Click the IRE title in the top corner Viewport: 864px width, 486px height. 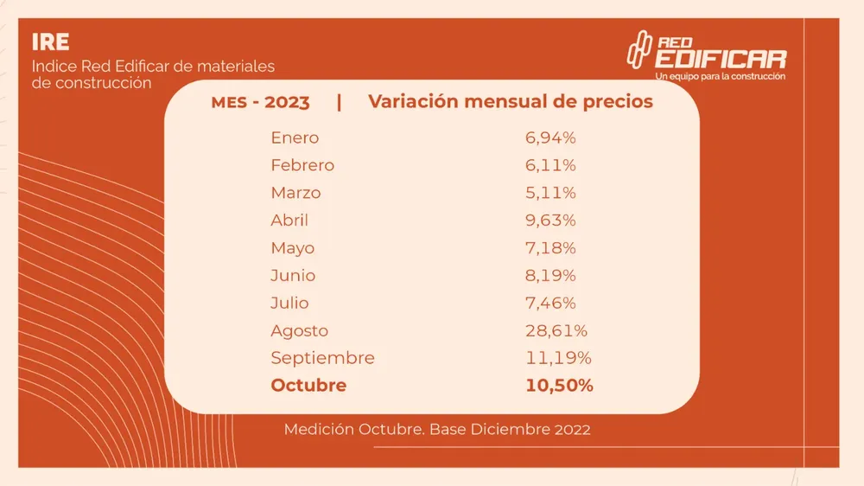[x=50, y=42]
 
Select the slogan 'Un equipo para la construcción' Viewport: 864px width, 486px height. [x=721, y=76]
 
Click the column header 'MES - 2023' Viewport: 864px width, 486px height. [x=260, y=102]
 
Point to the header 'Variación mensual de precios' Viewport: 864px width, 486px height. [x=511, y=101]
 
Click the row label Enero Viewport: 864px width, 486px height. [x=295, y=137]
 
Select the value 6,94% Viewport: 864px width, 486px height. [x=550, y=137]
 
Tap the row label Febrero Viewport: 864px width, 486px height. [x=302, y=165]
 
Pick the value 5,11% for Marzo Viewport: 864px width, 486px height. [x=550, y=193]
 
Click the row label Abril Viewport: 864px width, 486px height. [x=289, y=221]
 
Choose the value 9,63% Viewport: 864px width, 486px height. [x=550, y=221]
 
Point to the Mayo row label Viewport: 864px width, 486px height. [x=293, y=248]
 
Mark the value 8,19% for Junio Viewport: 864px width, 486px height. [x=550, y=276]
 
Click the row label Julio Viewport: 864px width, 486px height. [x=289, y=304]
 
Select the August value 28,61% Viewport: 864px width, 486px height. [x=556, y=330]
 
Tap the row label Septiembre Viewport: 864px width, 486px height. [x=322, y=358]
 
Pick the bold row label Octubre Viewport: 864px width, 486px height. [x=308, y=386]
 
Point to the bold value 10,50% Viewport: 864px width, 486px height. [x=559, y=386]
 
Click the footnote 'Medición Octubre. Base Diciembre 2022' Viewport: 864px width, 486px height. [x=437, y=430]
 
